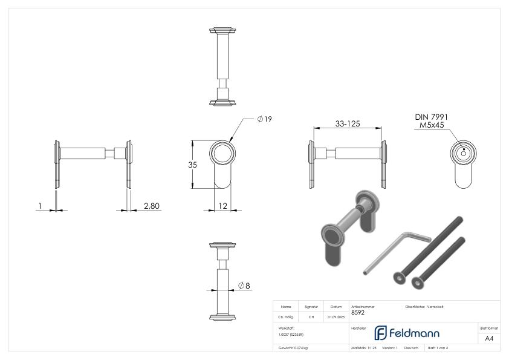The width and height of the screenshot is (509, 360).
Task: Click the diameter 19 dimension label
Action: point(264,119)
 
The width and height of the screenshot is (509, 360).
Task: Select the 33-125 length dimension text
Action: point(348,123)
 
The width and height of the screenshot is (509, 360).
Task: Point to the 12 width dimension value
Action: point(222,206)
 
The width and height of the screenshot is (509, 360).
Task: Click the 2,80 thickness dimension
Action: point(152,206)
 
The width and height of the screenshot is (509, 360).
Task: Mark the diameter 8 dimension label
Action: point(244,285)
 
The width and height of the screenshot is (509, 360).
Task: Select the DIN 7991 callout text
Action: point(432,117)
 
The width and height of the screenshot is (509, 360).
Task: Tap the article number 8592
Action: point(357,313)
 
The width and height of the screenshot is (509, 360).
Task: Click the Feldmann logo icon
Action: point(381,333)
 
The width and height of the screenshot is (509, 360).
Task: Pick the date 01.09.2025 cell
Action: point(336,316)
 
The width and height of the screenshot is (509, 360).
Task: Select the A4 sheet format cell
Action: point(489,338)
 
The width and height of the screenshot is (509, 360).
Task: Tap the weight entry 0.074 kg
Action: point(293,348)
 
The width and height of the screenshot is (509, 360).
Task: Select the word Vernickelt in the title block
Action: point(434,307)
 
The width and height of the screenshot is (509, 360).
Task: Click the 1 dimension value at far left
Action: point(39,206)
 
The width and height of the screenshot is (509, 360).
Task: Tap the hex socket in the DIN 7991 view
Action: point(463,153)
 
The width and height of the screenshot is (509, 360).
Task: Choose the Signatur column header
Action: point(311,307)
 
